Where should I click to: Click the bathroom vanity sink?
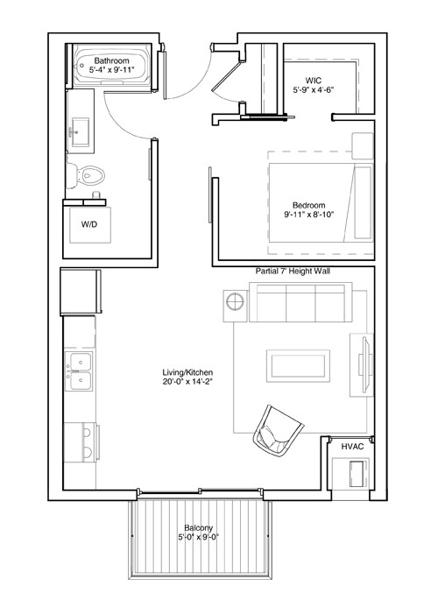81,131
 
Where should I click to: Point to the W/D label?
89,225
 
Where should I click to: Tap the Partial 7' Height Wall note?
293,272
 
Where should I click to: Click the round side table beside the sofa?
237,303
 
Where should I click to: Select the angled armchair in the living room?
278,429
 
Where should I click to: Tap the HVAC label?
353,447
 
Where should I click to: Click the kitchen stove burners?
80,441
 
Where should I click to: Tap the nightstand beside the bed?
362,145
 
